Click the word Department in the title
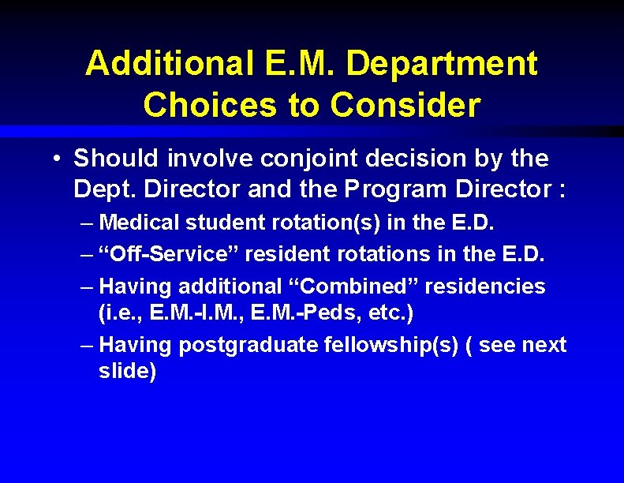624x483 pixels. [441, 64]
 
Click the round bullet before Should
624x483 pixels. [58, 159]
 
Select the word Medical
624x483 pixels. [140, 223]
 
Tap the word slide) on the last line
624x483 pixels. [128, 371]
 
